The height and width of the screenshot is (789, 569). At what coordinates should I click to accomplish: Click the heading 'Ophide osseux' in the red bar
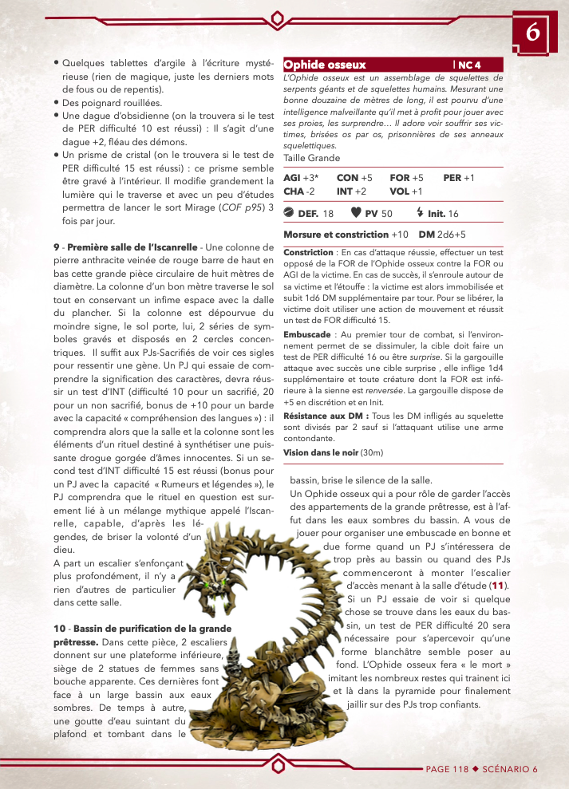pyautogui.click(x=325, y=65)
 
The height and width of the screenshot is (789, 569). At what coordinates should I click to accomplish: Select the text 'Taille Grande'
pyautogui.click(x=311, y=158)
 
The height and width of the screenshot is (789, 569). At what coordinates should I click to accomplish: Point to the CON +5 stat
pyautogui.click(x=354, y=178)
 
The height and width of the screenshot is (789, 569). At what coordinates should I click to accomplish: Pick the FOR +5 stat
pyautogui.click(x=406, y=178)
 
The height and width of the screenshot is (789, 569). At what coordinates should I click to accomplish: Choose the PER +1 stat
pyautogui.click(x=459, y=178)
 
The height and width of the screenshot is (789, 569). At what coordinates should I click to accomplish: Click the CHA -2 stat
pyautogui.click(x=300, y=191)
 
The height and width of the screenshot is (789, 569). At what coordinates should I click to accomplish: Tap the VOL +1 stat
pyautogui.click(x=406, y=191)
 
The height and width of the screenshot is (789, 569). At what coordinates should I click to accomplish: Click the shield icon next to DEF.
pyautogui.click(x=290, y=214)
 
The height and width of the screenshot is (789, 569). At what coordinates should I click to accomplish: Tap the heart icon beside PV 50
pyautogui.click(x=356, y=214)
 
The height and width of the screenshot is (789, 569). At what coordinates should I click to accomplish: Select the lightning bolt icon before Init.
pyautogui.click(x=421, y=214)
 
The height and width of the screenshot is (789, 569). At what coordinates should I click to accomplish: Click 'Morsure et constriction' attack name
pyautogui.click(x=336, y=235)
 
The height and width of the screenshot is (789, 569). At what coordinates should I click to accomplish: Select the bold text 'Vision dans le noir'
pyautogui.click(x=321, y=452)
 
